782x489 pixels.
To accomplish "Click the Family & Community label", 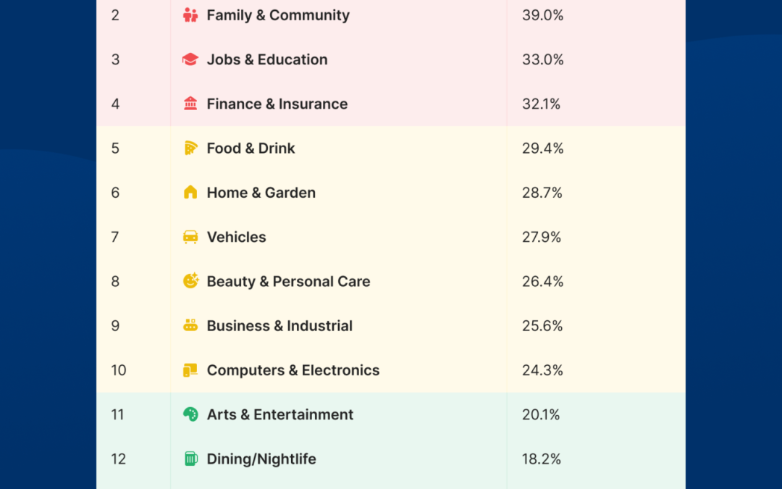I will [278, 15].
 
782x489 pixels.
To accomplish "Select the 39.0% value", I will [542, 15].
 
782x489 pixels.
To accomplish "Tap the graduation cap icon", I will [190, 59].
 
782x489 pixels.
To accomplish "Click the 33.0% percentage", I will [542, 59].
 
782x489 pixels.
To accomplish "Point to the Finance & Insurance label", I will [277, 104].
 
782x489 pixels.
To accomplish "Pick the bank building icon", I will [190, 104].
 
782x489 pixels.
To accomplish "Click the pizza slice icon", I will [190, 148].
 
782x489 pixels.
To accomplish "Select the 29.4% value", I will [542, 148].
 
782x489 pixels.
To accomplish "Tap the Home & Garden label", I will [261, 193].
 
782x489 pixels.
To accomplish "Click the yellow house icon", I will [190, 193].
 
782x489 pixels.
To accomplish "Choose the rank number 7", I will [115, 237].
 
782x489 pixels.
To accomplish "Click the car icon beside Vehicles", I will [190, 237].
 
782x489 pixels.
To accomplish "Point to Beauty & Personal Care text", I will [288, 281].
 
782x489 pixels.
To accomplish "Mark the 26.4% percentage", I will [542, 281].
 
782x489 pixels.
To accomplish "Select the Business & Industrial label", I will [279, 326].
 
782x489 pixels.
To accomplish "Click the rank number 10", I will [119, 370].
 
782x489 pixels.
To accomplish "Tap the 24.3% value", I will [542, 370].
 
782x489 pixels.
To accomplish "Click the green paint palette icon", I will [190, 414].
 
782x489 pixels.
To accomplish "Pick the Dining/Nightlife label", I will [261, 459].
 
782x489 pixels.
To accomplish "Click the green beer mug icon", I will [190, 459].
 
